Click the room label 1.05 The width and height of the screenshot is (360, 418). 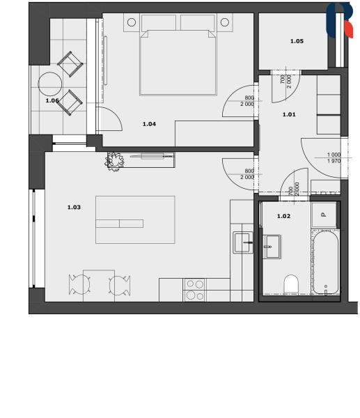pyautogui.click(x=297, y=41)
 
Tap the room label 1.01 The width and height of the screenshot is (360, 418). pyautogui.click(x=289, y=114)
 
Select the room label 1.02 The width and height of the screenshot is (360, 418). pyautogui.click(x=283, y=216)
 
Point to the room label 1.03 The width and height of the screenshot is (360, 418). pyautogui.click(x=74, y=207)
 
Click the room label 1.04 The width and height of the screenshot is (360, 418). pyautogui.click(x=149, y=124)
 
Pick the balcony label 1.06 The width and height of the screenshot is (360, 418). pyautogui.click(x=52, y=100)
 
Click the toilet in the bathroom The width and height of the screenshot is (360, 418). pyautogui.click(x=291, y=284)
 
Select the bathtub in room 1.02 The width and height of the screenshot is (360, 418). pyautogui.click(x=325, y=263)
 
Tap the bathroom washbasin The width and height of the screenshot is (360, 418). pyautogui.click(x=272, y=247)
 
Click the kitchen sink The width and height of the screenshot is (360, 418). pyautogui.click(x=243, y=242)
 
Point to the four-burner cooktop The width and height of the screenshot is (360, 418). pyautogui.click(x=194, y=290)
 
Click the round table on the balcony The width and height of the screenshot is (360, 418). pyautogui.click(x=50, y=84)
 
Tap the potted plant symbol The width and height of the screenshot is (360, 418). pyautogui.click(x=115, y=161)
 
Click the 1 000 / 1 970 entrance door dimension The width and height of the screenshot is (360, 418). pyautogui.click(x=334, y=158)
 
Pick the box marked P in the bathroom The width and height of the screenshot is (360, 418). pyautogui.click(x=324, y=215)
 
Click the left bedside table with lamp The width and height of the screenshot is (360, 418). pyautogui.click(x=132, y=22)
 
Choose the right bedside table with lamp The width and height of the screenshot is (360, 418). pyautogui.click(x=225, y=22)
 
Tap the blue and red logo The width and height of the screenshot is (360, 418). pyautogui.click(x=340, y=20)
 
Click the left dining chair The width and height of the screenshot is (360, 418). pyautogui.click(x=79, y=285)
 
